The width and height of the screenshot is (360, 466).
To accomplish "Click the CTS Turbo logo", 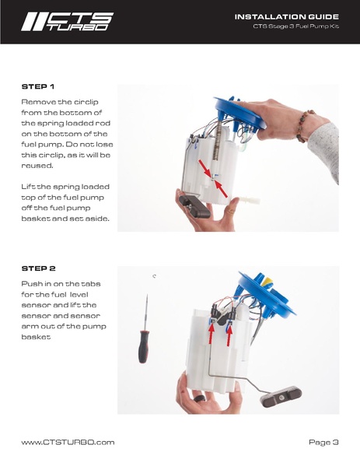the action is [68, 22].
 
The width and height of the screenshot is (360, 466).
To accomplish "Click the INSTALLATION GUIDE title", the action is [287, 16].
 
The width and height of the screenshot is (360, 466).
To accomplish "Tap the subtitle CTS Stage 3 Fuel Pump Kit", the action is [295, 26].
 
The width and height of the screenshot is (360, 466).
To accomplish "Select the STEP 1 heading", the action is [38, 86].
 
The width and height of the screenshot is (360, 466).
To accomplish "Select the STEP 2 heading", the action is [38, 268].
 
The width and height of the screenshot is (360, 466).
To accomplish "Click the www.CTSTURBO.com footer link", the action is [68, 442].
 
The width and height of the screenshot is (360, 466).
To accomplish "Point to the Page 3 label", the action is [323, 442].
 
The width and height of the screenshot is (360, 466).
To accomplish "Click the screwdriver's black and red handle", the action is [144, 346].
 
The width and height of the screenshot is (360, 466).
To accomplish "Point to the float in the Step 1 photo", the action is [194, 206].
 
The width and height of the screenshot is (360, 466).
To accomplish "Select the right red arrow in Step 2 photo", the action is [229, 335].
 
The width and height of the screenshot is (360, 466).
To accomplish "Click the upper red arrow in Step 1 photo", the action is [204, 167].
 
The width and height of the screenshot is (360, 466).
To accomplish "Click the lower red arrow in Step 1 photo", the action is [221, 189].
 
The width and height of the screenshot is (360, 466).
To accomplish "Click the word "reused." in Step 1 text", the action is [37, 166].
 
